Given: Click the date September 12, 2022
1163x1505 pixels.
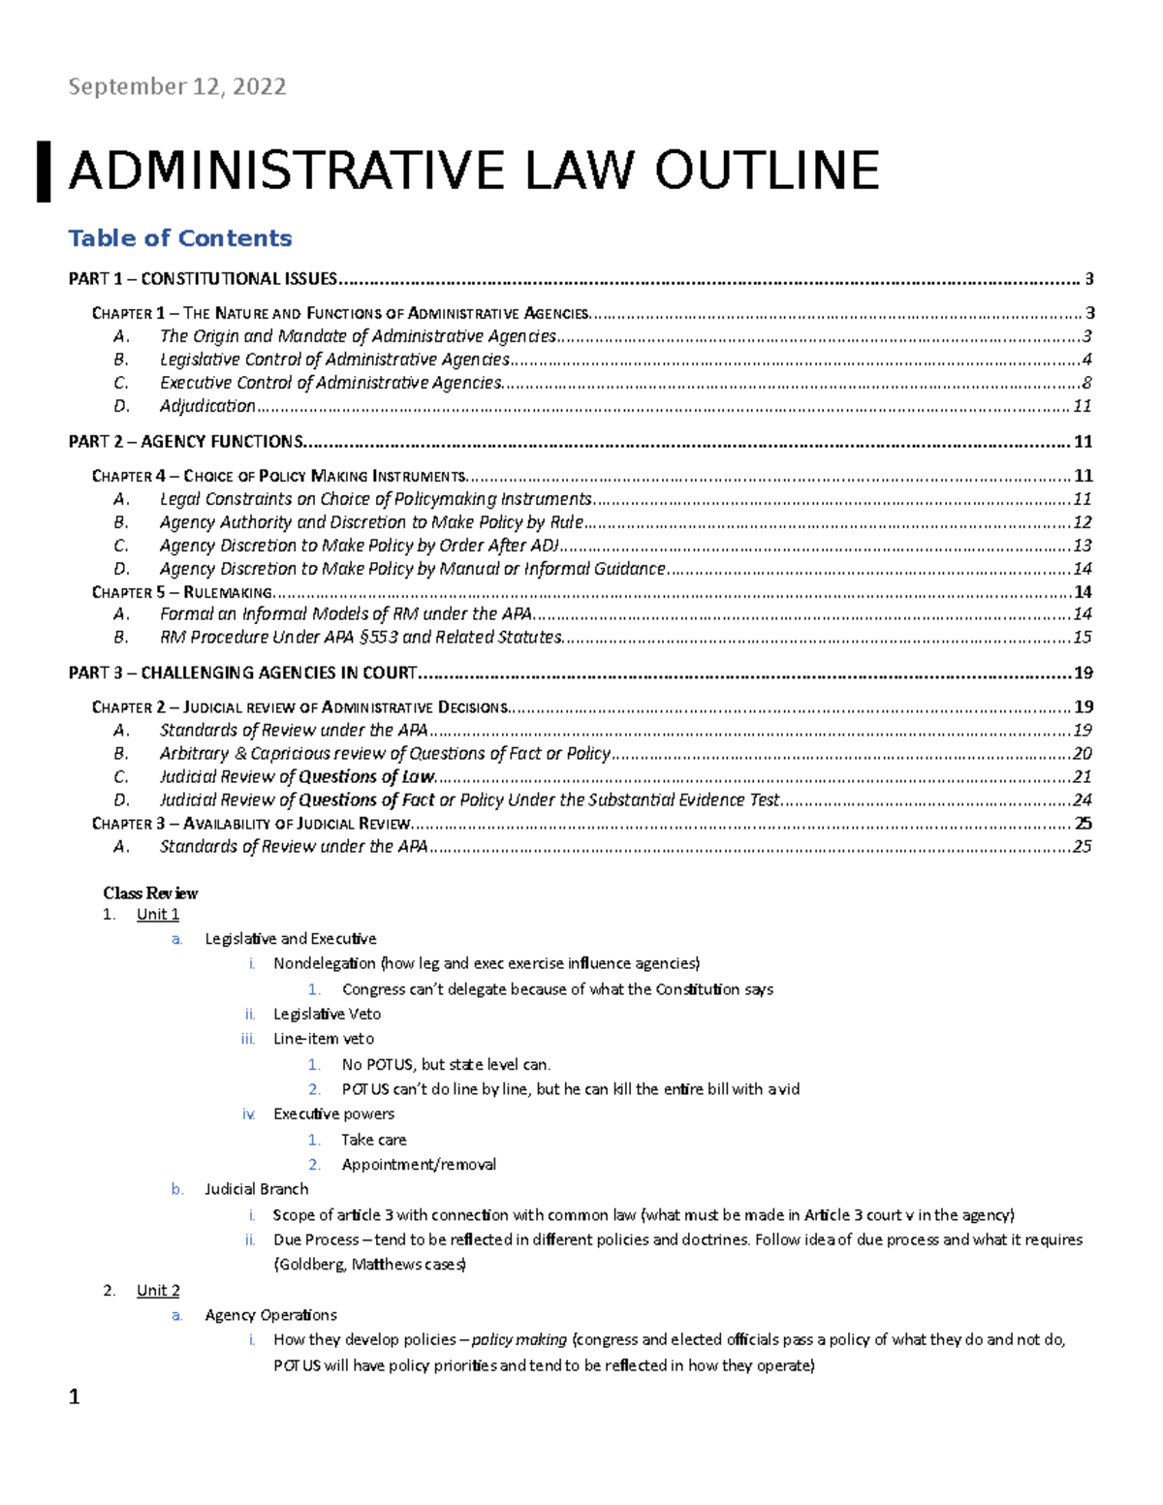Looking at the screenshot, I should pyautogui.click(x=176, y=87).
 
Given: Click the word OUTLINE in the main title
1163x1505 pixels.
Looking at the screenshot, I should pyautogui.click(x=767, y=172).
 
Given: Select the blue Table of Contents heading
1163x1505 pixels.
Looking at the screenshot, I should pyautogui.click(x=179, y=238).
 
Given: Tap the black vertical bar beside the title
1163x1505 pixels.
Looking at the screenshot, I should pyautogui.click(x=44, y=172).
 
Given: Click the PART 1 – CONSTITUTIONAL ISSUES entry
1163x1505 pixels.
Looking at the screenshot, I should pyautogui.click(x=203, y=279).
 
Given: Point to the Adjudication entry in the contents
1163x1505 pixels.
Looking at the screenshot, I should pyautogui.click(x=207, y=406).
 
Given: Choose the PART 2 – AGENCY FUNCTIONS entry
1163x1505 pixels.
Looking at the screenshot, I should pyautogui.click(x=186, y=442).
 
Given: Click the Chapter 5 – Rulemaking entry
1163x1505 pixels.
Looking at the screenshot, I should pyautogui.click(x=182, y=592).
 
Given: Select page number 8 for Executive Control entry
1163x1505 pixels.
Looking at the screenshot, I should pyautogui.click(x=1086, y=383).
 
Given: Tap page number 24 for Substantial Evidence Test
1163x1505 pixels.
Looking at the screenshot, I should pyautogui.click(x=1082, y=800).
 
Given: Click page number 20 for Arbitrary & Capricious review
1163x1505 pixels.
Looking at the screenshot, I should pyautogui.click(x=1082, y=753).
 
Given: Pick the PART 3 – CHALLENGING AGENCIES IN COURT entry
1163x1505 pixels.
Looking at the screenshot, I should pyautogui.click(x=242, y=673).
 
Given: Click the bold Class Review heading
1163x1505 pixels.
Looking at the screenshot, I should pyautogui.click(x=150, y=893).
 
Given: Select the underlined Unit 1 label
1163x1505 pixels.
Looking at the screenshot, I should pyautogui.click(x=158, y=914).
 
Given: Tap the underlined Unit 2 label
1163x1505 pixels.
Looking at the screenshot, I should pyautogui.click(x=158, y=1290).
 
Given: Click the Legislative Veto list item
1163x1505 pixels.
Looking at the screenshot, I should pyautogui.click(x=327, y=1014).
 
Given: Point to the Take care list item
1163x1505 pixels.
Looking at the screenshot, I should pyautogui.click(x=373, y=1140).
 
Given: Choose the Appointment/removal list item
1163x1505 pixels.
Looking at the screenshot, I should pyautogui.click(x=419, y=1164).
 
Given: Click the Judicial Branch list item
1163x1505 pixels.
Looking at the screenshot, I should pyautogui.click(x=256, y=1189).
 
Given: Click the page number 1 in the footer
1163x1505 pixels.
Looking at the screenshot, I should pyautogui.click(x=74, y=1396).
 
